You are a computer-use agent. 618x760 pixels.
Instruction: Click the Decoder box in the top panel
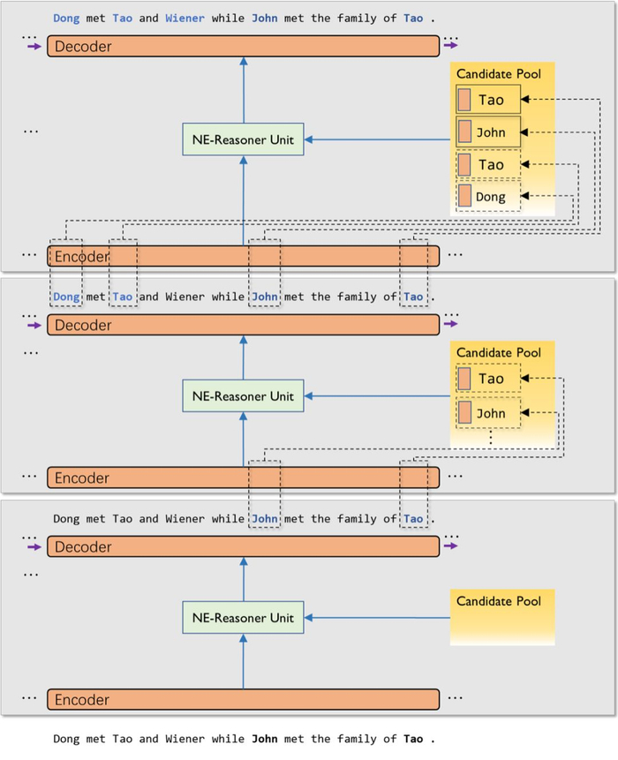(243, 46)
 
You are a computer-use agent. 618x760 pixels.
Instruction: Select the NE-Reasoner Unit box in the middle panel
(243, 396)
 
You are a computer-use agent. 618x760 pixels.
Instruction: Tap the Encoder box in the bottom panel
(243, 700)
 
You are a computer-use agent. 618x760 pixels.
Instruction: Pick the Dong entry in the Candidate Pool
(489, 197)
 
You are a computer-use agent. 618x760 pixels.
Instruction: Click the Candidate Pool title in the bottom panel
(498, 601)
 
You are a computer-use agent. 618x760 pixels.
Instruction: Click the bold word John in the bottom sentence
(265, 739)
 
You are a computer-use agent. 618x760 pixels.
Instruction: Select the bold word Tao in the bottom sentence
(413, 739)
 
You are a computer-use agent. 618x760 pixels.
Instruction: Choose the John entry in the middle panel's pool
(489, 413)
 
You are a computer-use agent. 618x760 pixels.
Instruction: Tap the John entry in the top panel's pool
(489, 132)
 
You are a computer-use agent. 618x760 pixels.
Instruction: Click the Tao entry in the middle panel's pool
(489, 379)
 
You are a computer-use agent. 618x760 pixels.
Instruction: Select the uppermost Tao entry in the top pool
(489, 100)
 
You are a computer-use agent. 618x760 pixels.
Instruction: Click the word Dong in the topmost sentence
(65, 18)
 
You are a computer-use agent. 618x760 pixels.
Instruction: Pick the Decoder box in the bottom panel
(243, 547)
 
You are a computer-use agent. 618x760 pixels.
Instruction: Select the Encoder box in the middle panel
(243, 478)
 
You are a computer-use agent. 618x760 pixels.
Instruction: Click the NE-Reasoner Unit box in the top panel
(243, 139)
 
